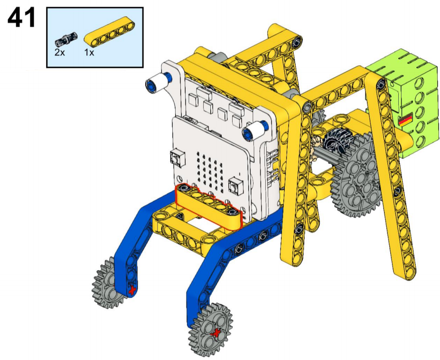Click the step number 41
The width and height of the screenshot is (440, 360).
(22, 18)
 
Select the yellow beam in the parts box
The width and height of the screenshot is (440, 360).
(110, 31)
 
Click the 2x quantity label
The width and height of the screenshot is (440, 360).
(59, 53)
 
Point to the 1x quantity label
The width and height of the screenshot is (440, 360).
(89, 53)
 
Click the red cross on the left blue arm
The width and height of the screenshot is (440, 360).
(132, 290)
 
